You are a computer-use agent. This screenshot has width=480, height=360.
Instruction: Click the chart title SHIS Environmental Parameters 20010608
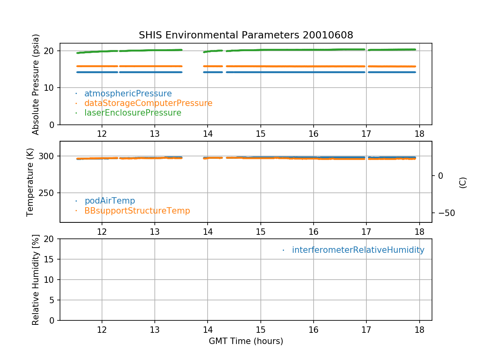246,35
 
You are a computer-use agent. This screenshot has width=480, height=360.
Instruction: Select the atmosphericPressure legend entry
128,94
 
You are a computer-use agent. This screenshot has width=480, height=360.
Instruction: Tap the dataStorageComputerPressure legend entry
148,103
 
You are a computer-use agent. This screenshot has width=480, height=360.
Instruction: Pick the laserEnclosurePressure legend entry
132,113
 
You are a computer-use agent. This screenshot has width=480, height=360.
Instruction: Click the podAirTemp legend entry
110,201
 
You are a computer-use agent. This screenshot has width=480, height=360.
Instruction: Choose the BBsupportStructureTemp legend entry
137,210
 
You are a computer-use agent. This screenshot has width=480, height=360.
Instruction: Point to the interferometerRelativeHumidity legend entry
358,250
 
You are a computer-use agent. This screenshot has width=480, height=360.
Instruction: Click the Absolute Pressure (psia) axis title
36,84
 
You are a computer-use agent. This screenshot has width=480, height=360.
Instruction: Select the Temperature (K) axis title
30,182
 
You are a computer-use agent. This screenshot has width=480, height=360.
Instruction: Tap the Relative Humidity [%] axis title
36,280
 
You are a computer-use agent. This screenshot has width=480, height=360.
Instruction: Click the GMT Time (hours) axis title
246,341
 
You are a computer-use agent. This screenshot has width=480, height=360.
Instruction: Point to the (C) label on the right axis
463,182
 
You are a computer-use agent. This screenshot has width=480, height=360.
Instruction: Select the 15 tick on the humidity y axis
52,259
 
